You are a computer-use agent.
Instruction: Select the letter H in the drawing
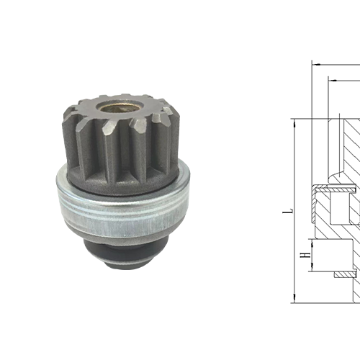click(x=305, y=255)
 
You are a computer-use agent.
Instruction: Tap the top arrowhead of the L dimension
click(x=295, y=122)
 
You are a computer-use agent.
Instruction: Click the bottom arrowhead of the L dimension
click(x=295, y=299)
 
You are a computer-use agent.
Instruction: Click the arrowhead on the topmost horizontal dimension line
click(x=315, y=63)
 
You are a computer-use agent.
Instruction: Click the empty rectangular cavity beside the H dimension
click(x=335, y=256)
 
